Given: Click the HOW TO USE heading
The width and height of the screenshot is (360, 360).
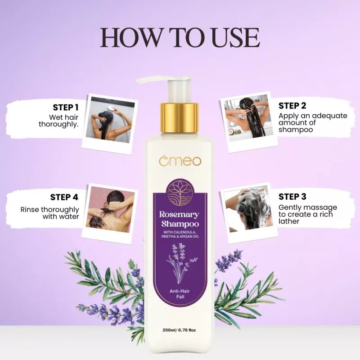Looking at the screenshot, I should click(180, 38).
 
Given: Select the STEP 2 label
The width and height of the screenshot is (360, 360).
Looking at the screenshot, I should click(292, 106).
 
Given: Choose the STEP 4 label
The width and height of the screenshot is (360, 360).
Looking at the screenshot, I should click(64, 197).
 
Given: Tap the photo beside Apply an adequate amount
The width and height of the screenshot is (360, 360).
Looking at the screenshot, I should click(249, 117).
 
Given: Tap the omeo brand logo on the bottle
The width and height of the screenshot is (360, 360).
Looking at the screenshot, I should click(180, 161).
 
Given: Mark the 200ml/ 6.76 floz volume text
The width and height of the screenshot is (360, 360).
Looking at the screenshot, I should click(180, 330).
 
